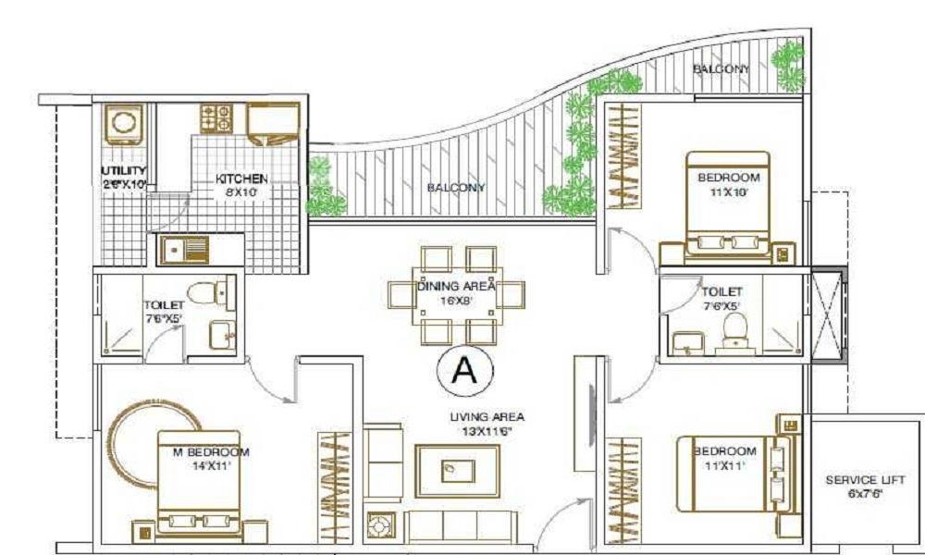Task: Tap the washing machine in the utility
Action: coord(123,127)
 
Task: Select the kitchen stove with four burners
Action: coord(216,117)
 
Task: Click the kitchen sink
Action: coord(182,249)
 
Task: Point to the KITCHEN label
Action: coord(241,179)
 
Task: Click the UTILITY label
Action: coord(124,172)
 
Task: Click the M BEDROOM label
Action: coord(212,451)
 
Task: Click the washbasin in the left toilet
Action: coord(222,336)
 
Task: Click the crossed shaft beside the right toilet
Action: coord(828,314)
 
